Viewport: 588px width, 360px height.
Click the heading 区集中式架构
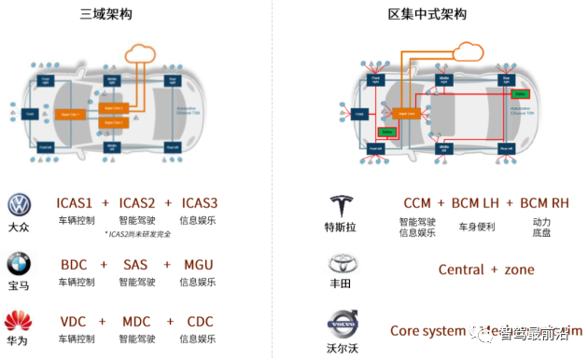[x=428, y=14]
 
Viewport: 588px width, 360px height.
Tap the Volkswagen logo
[x=19, y=205]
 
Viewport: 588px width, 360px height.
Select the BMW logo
[x=19, y=263]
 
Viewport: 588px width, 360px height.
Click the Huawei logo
[x=19, y=322]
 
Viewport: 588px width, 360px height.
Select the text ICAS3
[x=200, y=203]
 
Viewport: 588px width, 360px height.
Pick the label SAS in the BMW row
[x=135, y=264]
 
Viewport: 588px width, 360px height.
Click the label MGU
[x=198, y=264]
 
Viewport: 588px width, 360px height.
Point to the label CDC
[x=199, y=322]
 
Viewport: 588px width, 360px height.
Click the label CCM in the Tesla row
[x=416, y=203]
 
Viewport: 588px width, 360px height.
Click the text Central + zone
[x=486, y=270]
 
